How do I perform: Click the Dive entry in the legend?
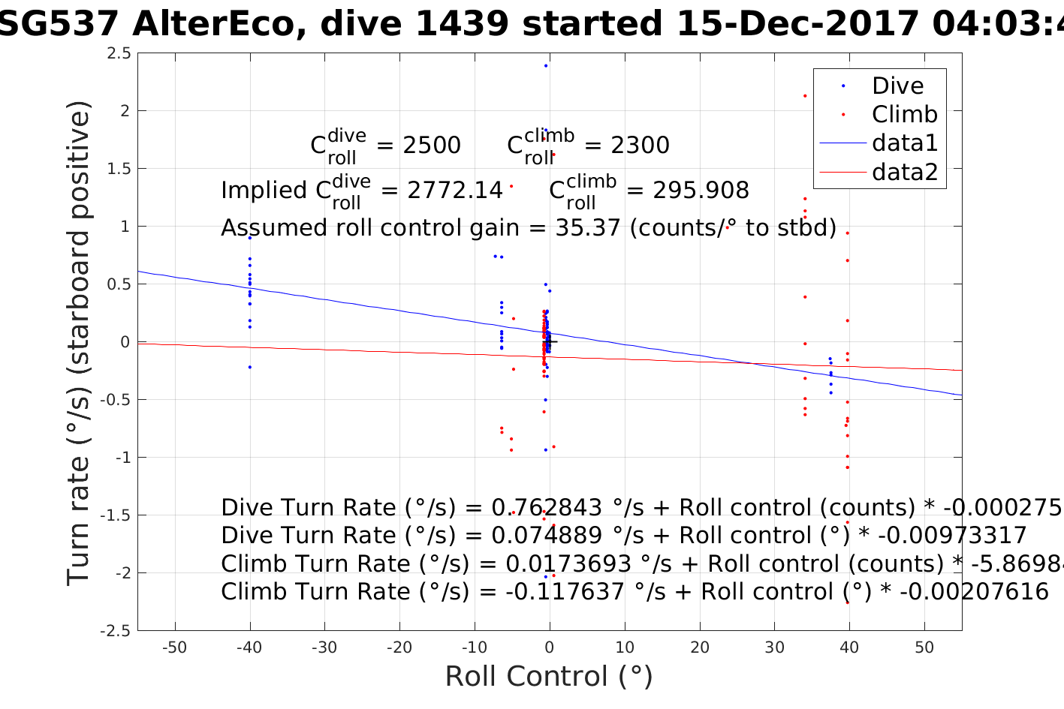click(897, 86)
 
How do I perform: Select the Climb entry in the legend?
click(904, 114)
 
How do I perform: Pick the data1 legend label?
click(905, 143)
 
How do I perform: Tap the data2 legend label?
click(905, 172)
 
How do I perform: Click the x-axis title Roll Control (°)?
click(549, 677)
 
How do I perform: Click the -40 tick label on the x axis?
click(249, 648)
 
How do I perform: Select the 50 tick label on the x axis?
click(924, 648)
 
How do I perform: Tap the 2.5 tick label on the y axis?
click(118, 53)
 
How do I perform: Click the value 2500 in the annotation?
click(432, 146)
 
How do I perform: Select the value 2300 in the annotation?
click(640, 146)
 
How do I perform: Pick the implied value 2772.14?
click(454, 191)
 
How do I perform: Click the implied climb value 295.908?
click(701, 191)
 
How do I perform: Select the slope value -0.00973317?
click(952, 536)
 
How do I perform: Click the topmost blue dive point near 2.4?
click(546, 66)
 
